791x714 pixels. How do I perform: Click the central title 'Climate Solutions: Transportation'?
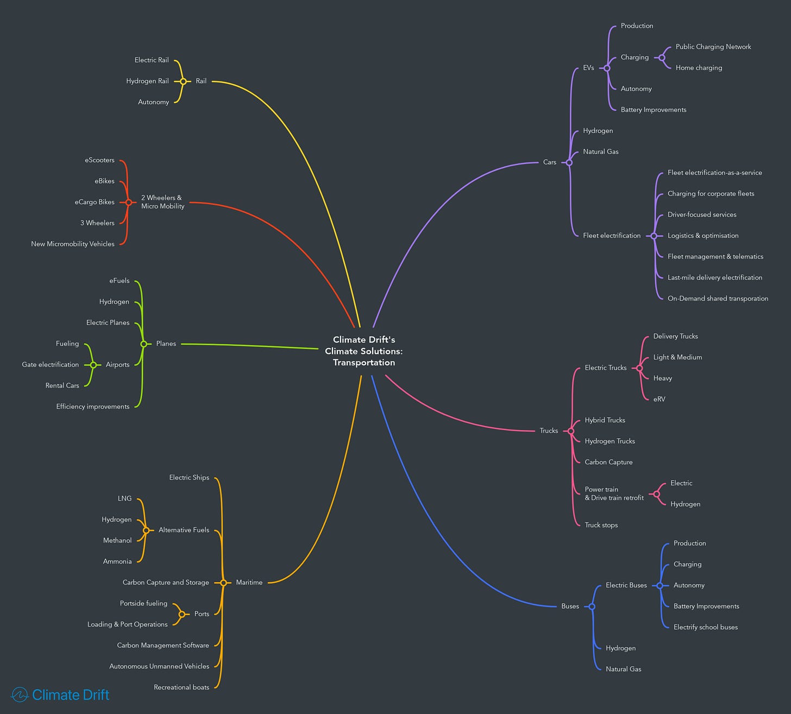point(364,351)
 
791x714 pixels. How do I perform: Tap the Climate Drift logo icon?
point(20,694)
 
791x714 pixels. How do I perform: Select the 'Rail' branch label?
point(201,81)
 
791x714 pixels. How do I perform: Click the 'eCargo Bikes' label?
point(95,202)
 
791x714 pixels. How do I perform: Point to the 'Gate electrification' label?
point(51,364)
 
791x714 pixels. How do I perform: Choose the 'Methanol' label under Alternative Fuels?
point(117,540)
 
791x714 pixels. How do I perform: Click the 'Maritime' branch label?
point(249,583)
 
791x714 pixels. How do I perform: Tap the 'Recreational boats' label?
point(181,687)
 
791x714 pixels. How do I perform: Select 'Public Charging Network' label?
point(713,47)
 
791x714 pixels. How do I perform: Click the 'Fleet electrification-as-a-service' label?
point(714,173)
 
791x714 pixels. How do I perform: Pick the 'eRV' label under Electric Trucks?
point(659,399)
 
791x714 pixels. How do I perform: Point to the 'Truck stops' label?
point(601,525)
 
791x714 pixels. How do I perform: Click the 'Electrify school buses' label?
point(705,627)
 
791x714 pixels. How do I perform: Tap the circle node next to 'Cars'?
point(569,162)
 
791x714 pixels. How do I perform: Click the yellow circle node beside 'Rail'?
point(183,81)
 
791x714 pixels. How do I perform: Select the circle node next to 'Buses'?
point(592,606)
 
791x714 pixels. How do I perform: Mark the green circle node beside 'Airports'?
point(93,365)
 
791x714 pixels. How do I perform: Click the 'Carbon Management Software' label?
point(163,646)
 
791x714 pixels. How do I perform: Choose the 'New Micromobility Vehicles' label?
point(73,244)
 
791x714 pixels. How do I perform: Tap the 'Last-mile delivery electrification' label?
point(714,277)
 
